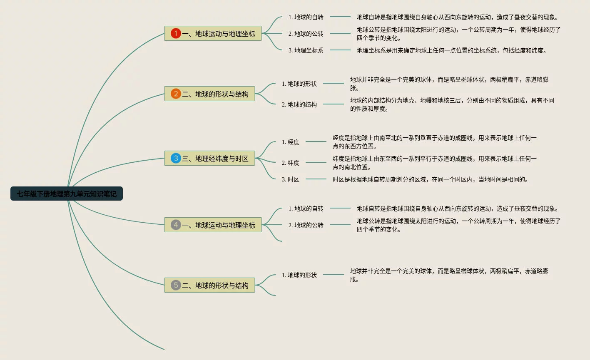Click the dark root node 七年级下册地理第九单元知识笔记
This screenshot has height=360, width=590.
pos(67,194)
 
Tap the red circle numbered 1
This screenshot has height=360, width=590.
pos(176,33)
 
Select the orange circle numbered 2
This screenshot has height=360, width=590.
pos(176,94)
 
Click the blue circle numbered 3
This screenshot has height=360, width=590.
pos(176,158)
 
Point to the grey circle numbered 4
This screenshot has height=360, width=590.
pos(176,225)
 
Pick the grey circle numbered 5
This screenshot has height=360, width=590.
pos(176,285)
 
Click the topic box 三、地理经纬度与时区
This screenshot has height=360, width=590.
pos(210,158)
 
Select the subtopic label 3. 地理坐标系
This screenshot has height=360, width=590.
pos(306,50)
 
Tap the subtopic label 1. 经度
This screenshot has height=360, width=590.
pos(291,142)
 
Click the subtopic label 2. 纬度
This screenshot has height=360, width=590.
pos(291,163)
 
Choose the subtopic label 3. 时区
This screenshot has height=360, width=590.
pos(291,179)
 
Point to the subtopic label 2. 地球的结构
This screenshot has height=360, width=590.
pos(299,104)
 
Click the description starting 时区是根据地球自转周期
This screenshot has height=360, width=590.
pos(431,179)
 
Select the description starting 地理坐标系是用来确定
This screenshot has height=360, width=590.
pos(452,50)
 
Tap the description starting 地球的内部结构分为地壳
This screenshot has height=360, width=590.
pos(452,104)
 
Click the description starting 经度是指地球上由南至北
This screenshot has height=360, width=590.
pos(435,142)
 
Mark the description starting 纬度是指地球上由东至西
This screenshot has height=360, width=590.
pos(435,163)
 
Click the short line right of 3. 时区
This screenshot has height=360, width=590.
pos(316,179)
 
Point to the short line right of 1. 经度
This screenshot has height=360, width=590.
pos(316,142)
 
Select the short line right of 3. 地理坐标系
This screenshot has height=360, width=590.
pos(340,50)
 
